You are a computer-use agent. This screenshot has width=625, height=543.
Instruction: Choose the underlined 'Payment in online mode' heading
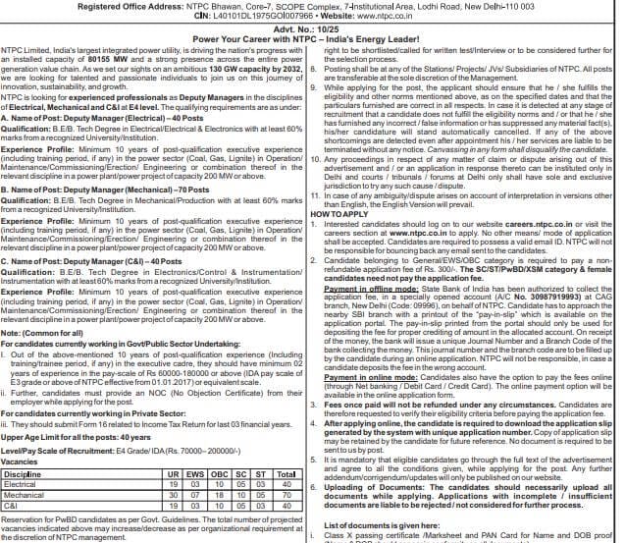[362, 379]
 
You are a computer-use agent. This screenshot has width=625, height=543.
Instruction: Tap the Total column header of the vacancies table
[286, 474]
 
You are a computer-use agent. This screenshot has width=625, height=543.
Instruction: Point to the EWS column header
[193, 474]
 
